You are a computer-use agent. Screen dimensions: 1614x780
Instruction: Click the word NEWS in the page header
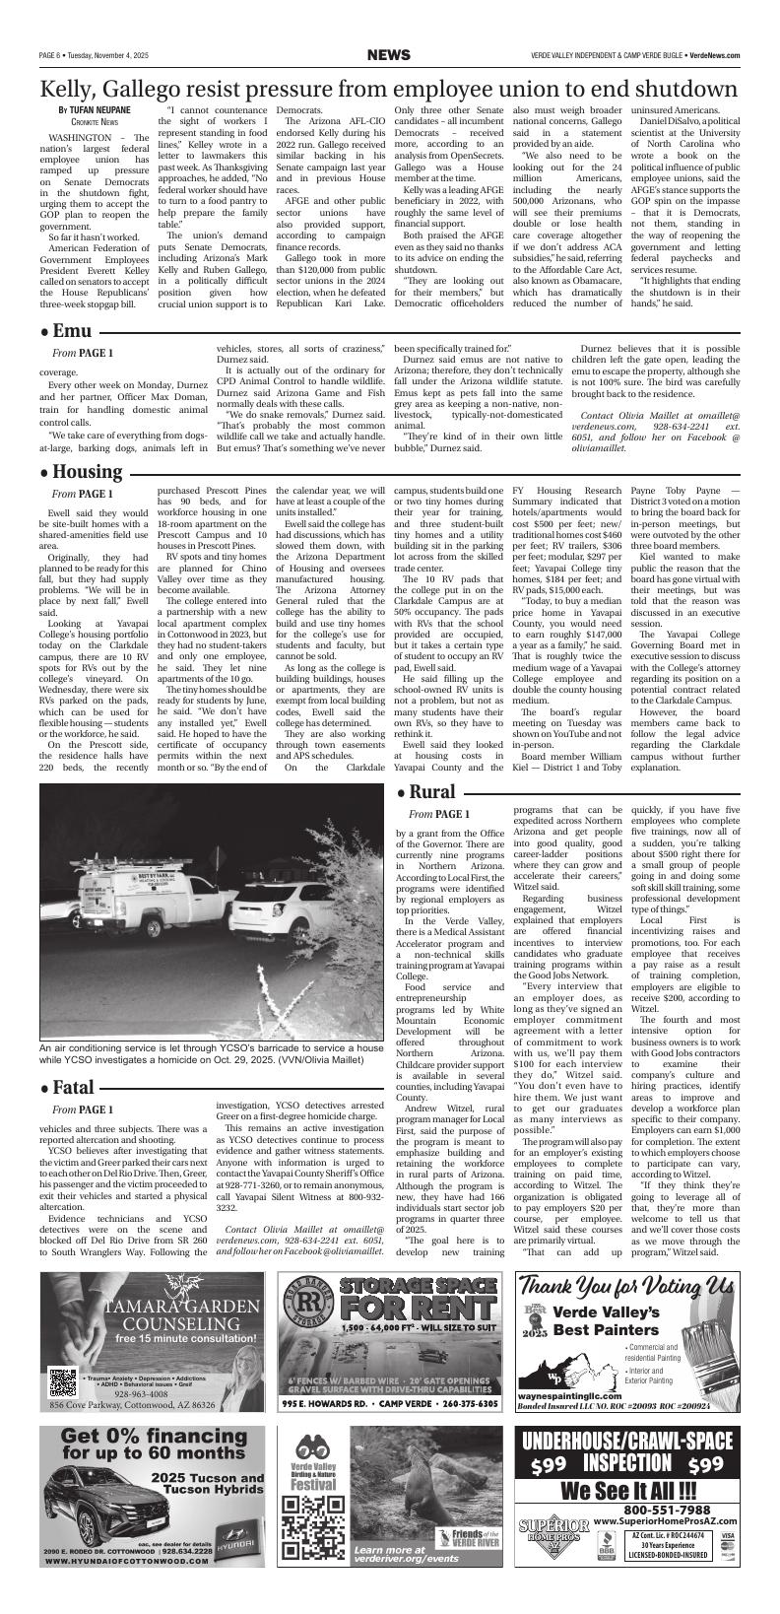pos(389,55)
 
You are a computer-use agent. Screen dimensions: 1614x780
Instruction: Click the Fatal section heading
pos(68,1059)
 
